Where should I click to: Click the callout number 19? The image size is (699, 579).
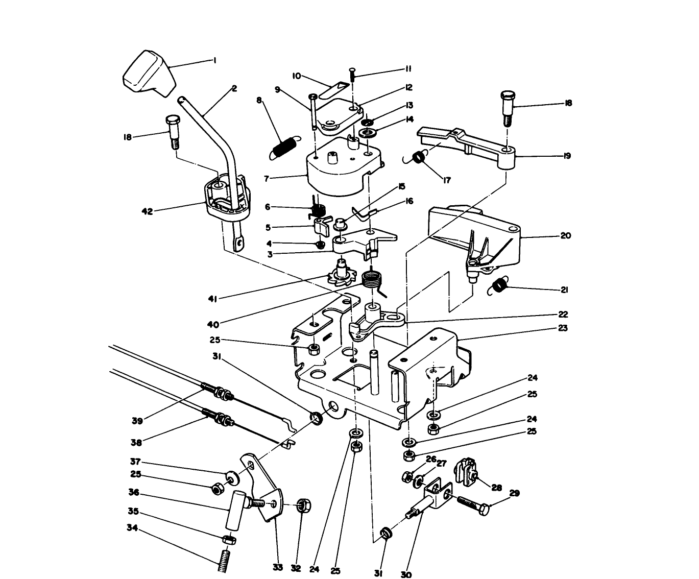click(x=567, y=156)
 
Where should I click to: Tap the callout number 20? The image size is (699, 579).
click(x=566, y=236)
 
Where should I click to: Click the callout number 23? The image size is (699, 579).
click(x=563, y=328)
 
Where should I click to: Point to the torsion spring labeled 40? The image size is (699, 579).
click(x=372, y=280)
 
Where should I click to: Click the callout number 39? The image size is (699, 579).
click(x=137, y=421)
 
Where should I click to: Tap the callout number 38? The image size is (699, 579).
click(x=136, y=443)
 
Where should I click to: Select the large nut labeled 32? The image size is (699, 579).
click(x=303, y=506)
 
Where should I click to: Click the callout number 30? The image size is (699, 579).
click(x=406, y=574)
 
